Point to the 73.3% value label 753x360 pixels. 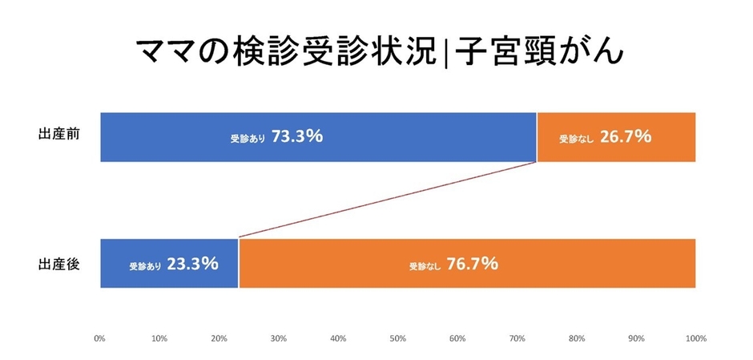296,136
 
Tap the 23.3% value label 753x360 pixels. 192,263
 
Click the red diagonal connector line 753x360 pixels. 388,200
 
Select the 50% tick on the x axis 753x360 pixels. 398,338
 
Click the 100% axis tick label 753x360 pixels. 695,338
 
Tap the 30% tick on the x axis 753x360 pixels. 279,338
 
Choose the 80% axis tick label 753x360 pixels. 577,338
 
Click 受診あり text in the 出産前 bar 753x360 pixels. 248,138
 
